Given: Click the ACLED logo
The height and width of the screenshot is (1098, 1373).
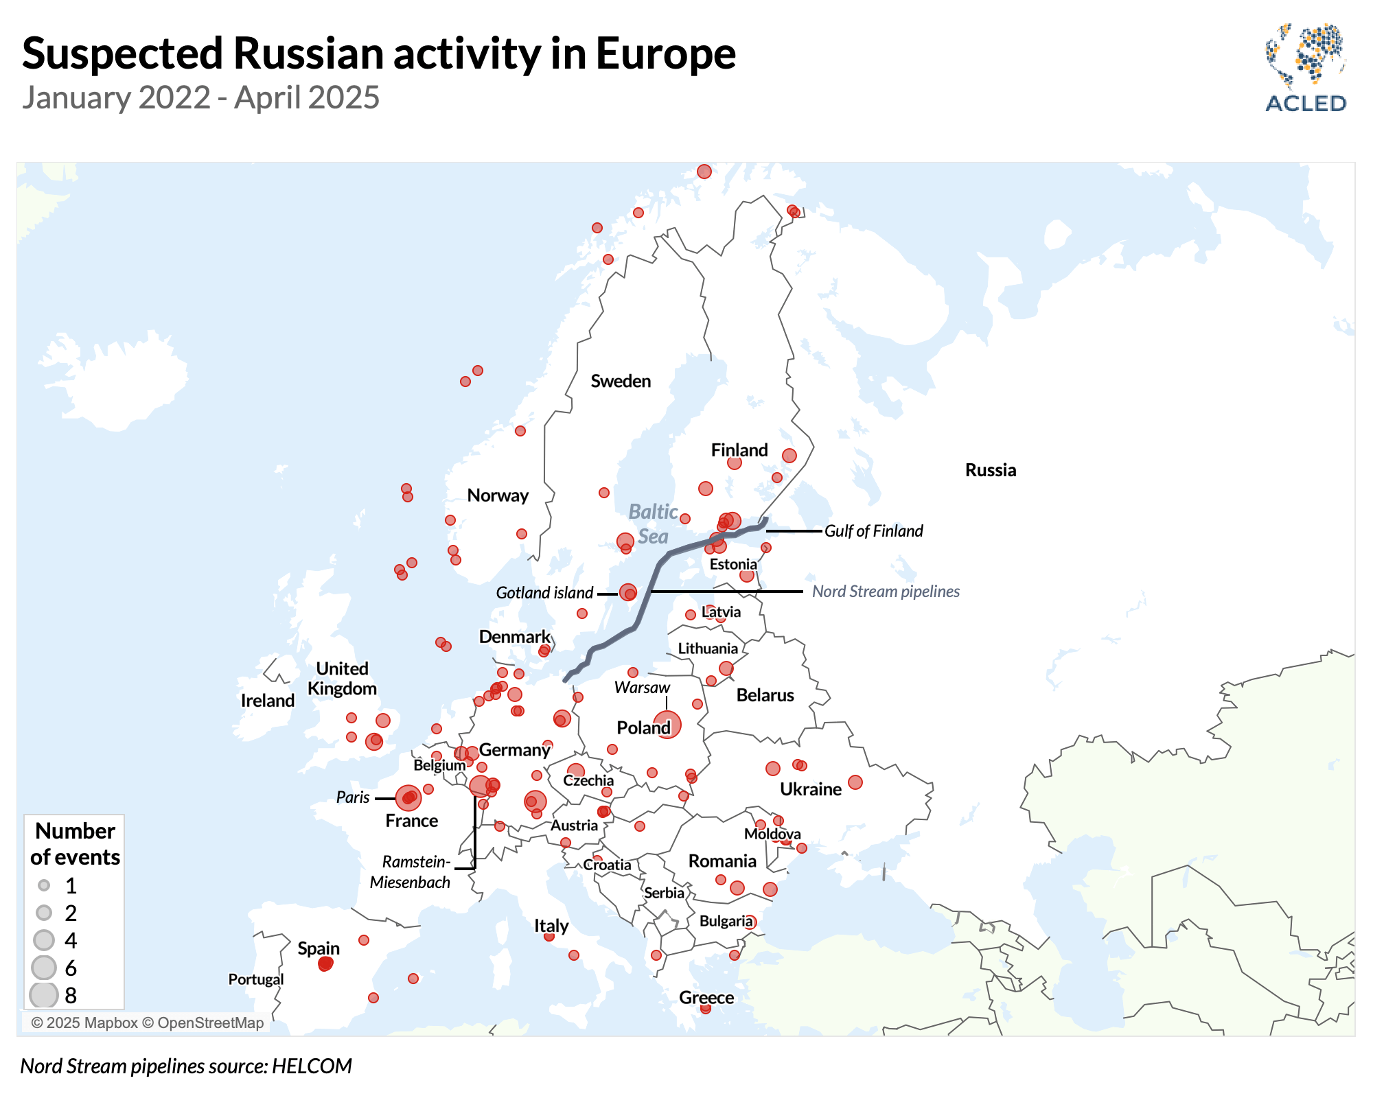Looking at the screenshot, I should click(1305, 69).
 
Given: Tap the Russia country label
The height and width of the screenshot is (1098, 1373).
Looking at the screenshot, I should click(990, 470).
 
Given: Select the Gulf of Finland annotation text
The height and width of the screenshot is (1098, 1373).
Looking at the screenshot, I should click(873, 531).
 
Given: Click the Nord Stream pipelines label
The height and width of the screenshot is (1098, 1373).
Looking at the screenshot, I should click(886, 592).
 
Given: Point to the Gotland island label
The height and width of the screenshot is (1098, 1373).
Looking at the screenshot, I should click(544, 593).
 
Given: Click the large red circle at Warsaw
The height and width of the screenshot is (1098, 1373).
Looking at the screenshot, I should click(667, 724).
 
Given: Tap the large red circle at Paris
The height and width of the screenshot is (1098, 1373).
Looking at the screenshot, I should click(408, 798).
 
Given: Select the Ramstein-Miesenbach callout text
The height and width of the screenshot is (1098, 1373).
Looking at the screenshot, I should click(411, 872).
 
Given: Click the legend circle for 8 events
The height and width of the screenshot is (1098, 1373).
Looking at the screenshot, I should click(44, 995).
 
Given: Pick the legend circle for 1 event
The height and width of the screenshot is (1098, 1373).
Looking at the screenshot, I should click(44, 885).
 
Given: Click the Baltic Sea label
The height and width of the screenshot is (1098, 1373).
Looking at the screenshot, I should click(652, 524).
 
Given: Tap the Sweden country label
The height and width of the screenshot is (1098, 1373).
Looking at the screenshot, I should click(621, 382).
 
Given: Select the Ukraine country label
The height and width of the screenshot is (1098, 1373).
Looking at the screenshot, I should click(810, 789).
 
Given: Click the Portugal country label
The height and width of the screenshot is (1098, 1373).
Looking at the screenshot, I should click(255, 979).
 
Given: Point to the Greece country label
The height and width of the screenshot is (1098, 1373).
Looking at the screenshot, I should click(706, 998).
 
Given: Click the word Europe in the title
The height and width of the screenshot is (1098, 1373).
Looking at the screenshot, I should click(665, 54).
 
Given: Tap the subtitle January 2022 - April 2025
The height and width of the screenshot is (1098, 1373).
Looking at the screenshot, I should click(200, 97).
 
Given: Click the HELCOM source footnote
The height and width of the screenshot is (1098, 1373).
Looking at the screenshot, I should click(186, 1066).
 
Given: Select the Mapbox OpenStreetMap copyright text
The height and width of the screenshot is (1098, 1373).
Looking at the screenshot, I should click(147, 1023).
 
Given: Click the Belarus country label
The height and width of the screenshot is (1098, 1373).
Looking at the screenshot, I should click(765, 695).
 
